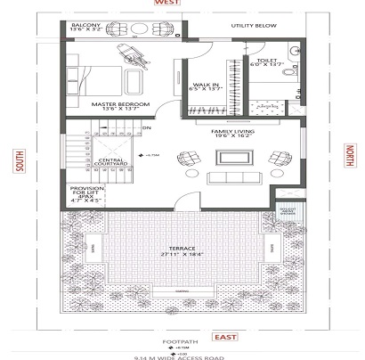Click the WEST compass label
[x=166, y=4]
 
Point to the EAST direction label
[x=222, y=338]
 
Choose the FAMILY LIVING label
[x=229, y=131]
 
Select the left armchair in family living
[x=189, y=160]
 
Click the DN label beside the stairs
[x=146, y=127]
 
